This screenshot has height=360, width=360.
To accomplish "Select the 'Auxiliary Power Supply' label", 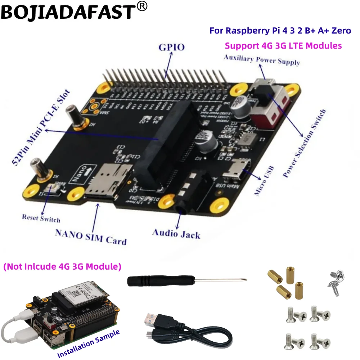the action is pos(262,60).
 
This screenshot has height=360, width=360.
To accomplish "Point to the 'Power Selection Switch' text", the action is pos(305,144).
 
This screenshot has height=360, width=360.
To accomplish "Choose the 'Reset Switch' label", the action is pos(41,218).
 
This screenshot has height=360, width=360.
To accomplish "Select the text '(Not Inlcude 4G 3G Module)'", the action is pos(62,267).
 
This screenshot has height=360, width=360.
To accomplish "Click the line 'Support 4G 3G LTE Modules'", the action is pos(283,46).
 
